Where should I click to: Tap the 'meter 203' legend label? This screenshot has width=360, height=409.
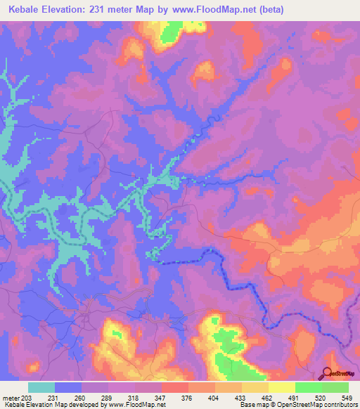[x=15, y=397]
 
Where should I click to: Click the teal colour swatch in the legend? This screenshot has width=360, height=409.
[x=41, y=387]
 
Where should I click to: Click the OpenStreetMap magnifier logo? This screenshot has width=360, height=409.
[x=327, y=372]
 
